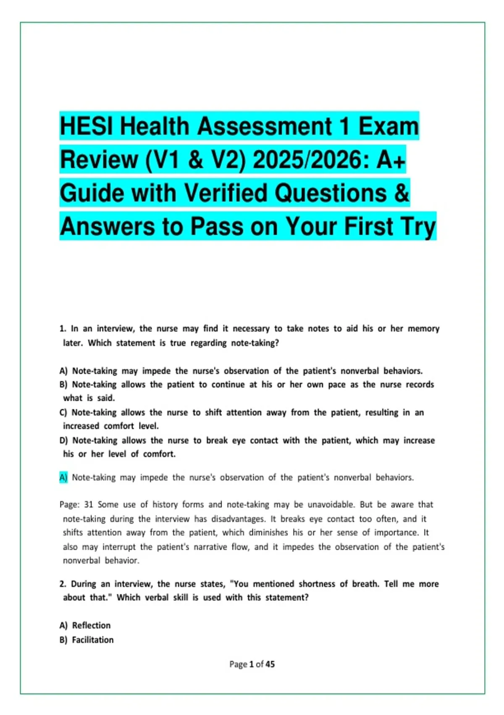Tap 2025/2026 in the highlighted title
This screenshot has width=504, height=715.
(311, 160)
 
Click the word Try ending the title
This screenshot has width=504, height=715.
(417, 227)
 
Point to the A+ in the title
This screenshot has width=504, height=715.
(391, 160)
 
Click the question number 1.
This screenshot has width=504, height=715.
(63, 328)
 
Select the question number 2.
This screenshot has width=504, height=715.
(63, 584)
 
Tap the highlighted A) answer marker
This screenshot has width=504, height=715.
(63, 477)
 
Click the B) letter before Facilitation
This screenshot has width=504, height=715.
(63, 640)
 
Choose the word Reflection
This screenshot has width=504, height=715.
(91, 625)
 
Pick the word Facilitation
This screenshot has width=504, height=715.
(93, 640)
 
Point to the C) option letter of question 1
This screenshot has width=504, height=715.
(63, 412)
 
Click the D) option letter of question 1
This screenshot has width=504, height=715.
(63, 440)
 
